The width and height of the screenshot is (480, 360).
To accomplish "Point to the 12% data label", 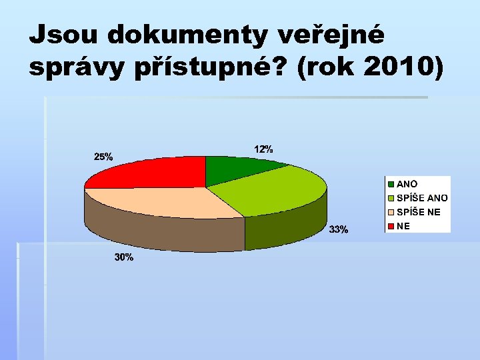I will tap(263, 149).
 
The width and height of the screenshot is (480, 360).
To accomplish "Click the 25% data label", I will tap(103, 157).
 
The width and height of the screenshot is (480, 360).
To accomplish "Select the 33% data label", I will tap(339, 230).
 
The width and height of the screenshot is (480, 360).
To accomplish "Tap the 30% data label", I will tap(123, 257).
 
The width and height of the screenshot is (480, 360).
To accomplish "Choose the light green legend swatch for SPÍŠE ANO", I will tap(391, 198).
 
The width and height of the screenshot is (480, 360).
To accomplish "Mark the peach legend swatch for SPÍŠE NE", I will tap(391, 212).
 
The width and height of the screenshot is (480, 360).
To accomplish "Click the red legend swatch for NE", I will tap(391, 227).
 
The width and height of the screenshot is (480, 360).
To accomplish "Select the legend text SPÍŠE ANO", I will tap(422, 198).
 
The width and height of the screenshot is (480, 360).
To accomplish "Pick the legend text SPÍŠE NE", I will tap(418, 212).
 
